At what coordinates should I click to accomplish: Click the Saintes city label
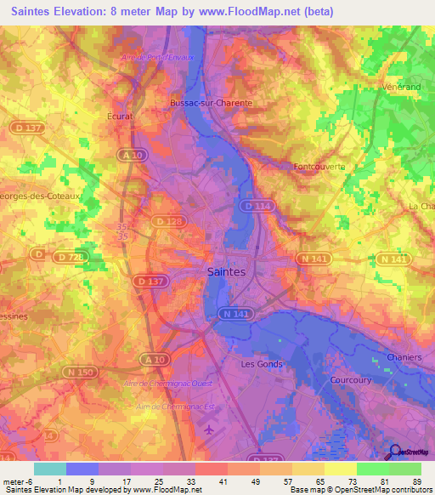click(226, 272)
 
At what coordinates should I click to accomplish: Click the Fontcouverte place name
click(319, 167)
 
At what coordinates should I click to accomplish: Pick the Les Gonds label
click(260, 363)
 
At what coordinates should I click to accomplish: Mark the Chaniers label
click(404, 357)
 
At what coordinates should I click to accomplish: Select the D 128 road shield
click(167, 222)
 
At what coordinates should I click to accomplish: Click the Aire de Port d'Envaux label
click(159, 57)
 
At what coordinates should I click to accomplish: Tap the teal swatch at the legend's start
click(49, 469)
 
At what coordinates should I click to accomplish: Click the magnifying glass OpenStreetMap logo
click(396, 452)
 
